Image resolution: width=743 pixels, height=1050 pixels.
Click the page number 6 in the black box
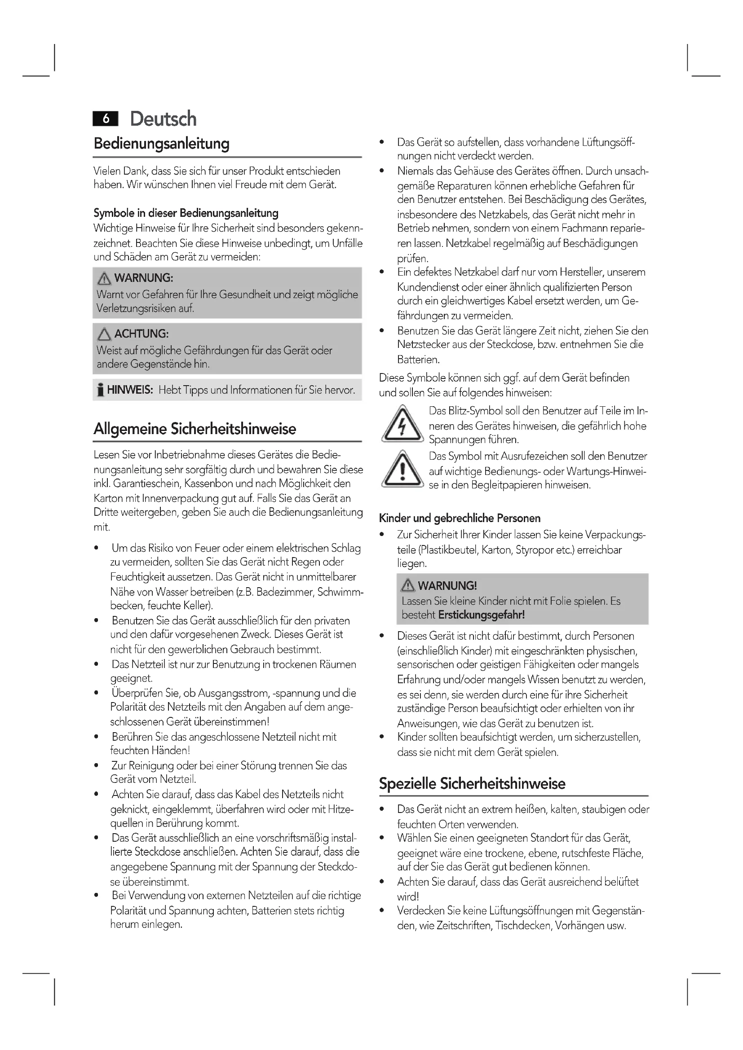(106, 119)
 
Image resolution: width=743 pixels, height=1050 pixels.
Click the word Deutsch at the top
(164, 119)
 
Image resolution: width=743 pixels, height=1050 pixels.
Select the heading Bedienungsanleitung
(162, 144)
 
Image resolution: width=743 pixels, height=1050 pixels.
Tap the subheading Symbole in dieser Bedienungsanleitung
(186, 213)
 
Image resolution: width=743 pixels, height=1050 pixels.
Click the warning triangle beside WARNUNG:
(104, 278)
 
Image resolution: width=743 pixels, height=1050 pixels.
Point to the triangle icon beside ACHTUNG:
(104, 334)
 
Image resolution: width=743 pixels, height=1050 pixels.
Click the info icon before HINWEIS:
(100, 391)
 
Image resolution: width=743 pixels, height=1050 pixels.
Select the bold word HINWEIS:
(130, 390)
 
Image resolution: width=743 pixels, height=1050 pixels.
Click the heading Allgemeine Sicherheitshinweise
(195, 429)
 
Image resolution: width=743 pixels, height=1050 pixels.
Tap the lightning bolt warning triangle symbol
(402, 425)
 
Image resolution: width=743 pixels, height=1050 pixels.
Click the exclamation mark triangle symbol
(402, 470)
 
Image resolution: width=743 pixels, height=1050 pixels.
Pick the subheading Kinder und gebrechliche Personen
(460, 518)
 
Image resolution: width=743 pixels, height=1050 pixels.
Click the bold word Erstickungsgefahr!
(481, 615)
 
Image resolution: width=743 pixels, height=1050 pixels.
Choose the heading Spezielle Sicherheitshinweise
(472, 784)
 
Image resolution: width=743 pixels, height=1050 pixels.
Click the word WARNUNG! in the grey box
(447, 586)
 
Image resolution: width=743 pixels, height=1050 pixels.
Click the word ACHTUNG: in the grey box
(142, 334)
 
